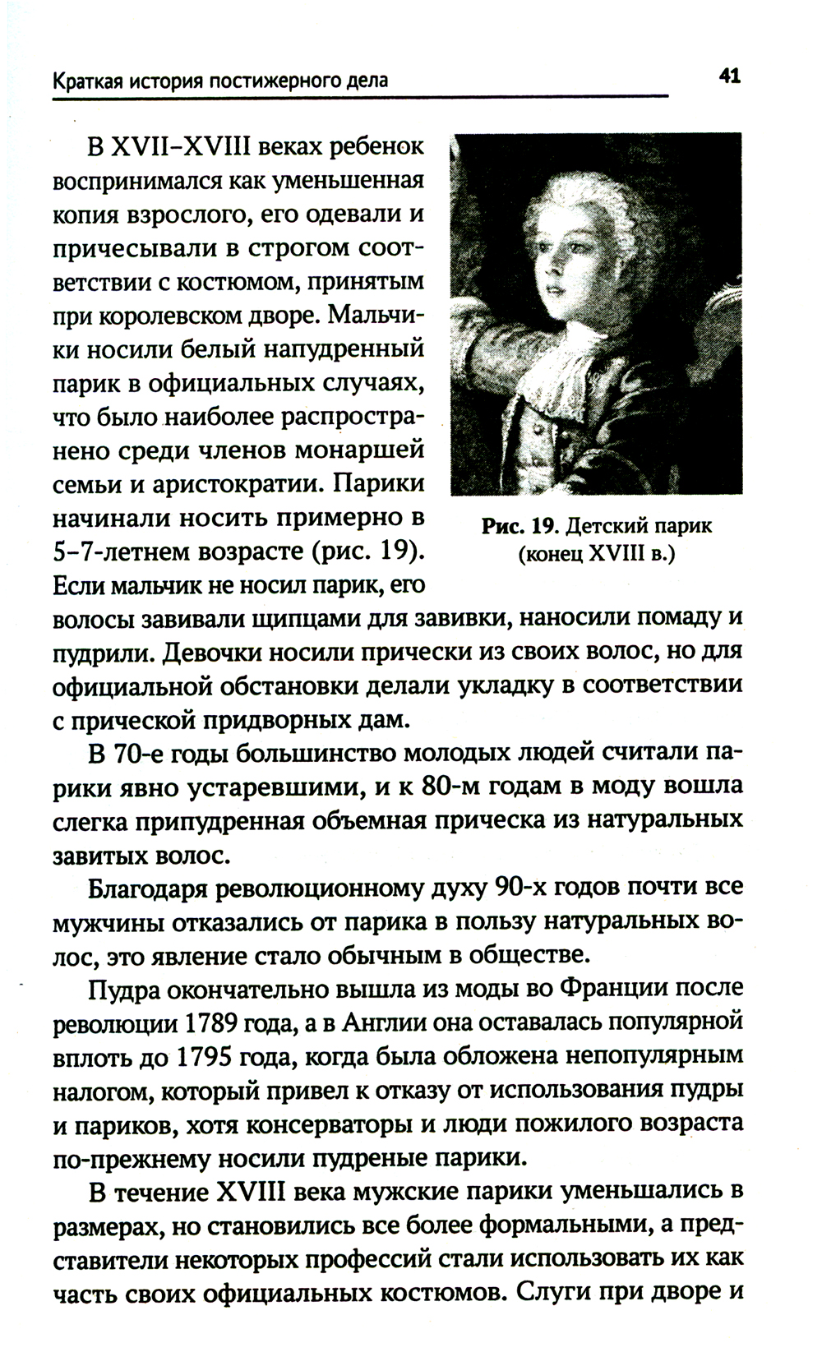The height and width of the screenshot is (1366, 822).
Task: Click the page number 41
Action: tap(730, 77)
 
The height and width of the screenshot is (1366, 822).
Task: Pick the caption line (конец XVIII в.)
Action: tap(596, 555)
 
